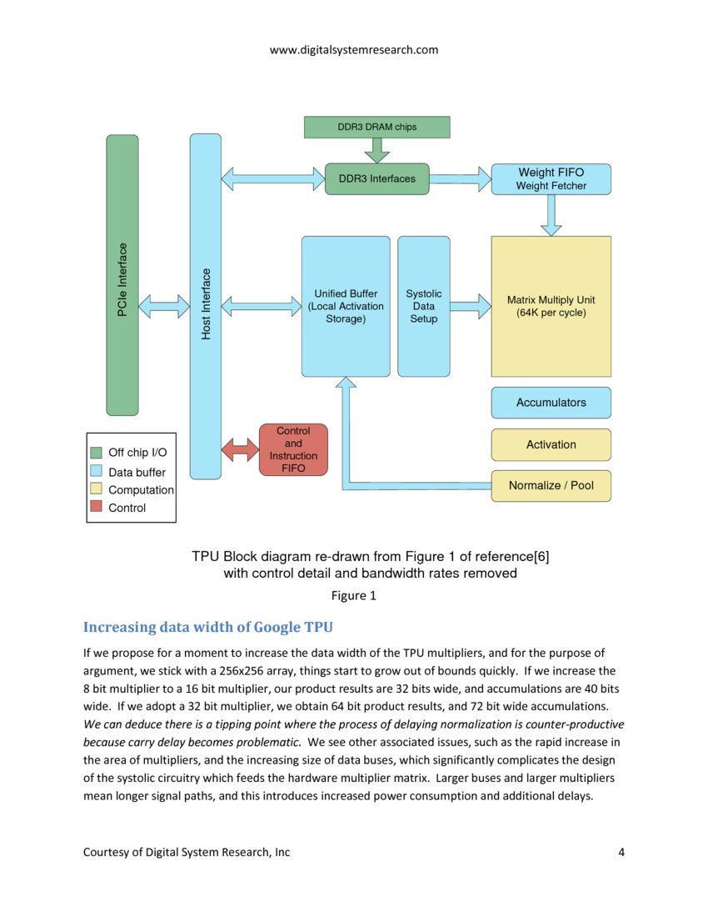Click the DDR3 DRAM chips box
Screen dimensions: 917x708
[376, 127]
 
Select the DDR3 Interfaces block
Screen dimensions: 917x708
[376, 178]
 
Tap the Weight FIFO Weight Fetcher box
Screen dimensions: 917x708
[551, 179]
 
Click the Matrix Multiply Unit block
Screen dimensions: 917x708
[551, 306]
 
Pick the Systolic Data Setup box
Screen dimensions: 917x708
[423, 306]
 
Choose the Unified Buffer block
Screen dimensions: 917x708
[346, 306]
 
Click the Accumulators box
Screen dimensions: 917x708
[551, 403]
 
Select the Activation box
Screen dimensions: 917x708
[551, 444]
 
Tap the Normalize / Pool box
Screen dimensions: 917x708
[551, 485]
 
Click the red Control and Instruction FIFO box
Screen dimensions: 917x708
[293, 450]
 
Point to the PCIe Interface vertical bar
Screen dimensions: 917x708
[122, 275]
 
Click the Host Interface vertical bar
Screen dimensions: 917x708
[206, 306]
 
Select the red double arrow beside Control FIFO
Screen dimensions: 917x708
[241, 451]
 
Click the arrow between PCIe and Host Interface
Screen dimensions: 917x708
[164, 306]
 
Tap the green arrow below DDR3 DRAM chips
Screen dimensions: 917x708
[376, 150]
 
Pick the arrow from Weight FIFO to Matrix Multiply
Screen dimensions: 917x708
[551, 215]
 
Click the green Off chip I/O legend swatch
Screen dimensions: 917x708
[96, 453]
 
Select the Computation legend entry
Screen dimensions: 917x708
[140, 490]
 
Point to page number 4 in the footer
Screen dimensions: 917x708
[621, 851]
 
